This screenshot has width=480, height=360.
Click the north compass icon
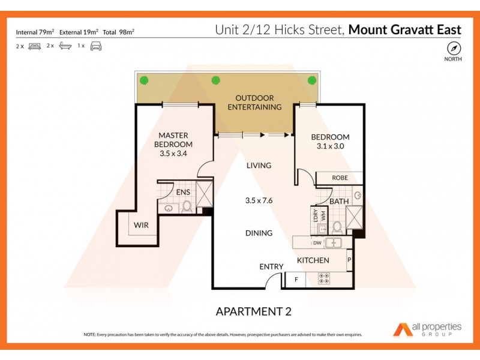tap(454, 48)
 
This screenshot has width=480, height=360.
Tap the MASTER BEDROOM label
tap(173, 140)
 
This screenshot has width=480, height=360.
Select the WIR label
tap(142, 226)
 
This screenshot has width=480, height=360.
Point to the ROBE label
tap(340, 178)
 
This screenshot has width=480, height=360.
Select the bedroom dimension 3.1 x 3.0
tap(330, 145)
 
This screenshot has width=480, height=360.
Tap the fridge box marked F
tap(295, 279)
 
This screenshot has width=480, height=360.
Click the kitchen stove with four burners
tap(325, 279)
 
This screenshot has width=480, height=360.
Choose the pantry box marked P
tap(349, 260)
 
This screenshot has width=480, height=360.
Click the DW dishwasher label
tap(316, 243)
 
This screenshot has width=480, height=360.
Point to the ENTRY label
tap(271, 266)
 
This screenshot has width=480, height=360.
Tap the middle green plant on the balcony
tap(215, 80)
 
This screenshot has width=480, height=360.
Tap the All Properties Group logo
tap(427, 329)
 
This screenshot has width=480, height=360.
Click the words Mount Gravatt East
tap(405, 29)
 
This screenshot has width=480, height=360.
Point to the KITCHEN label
tap(313, 260)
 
